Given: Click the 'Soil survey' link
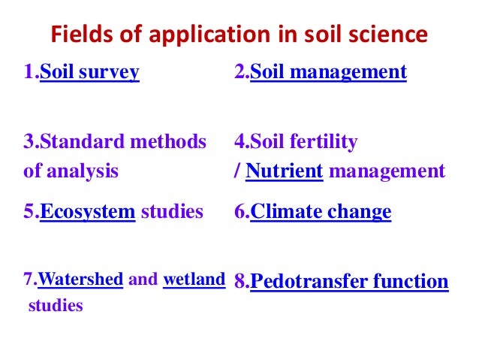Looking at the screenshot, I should click(x=89, y=72).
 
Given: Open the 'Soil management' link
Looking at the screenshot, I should click(x=328, y=72).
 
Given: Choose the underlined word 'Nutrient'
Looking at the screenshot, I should click(x=285, y=171).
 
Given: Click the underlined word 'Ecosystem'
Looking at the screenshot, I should click(x=87, y=211).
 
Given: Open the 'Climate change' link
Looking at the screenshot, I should click(x=321, y=211).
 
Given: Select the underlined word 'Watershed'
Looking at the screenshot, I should click(x=80, y=280).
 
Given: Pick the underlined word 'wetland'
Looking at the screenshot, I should click(x=194, y=280).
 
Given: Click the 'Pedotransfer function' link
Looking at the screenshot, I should click(x=349, y=282).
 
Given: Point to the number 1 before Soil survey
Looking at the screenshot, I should click(x=29, y=72).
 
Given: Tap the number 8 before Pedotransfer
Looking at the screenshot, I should click(x=239, y=282).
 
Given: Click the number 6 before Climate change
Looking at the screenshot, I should click(x=239, y=211).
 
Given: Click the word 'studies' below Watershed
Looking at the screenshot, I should click(x=55, y=306).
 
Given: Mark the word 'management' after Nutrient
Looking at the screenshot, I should click(x=387, y=171).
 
